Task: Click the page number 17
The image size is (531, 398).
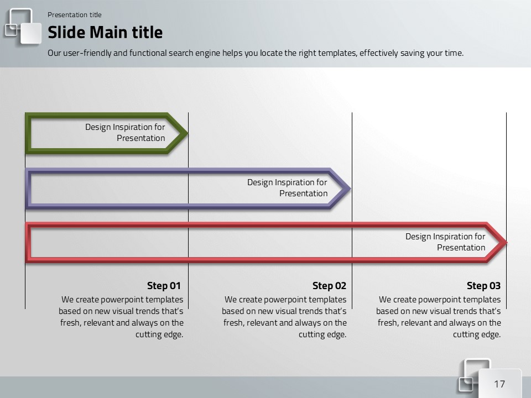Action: [x=499, y=384]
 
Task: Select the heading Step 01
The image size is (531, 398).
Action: [x=164, y=286]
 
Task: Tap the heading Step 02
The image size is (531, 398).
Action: [x=329, y=286]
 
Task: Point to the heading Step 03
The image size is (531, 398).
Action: [x=483, y=286]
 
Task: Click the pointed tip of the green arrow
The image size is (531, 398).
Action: [x=188, y=133]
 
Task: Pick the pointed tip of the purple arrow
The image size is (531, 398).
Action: [x=351, y=188]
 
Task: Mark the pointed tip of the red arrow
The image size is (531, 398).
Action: [x=507, y=242]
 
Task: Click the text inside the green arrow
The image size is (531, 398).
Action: [x=125, y=132]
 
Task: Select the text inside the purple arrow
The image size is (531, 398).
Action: [x=287, y=187]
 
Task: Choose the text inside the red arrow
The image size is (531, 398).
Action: [x=445, y=242]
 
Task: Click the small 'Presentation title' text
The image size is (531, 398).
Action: [x=75, y=15]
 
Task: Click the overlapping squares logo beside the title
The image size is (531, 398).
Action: [x=23, y=27]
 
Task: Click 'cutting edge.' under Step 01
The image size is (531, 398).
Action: [x=159, y=334]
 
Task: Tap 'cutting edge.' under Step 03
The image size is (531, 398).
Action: [x=477, y=334]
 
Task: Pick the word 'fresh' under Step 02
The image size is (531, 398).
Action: [x=233, y=323]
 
